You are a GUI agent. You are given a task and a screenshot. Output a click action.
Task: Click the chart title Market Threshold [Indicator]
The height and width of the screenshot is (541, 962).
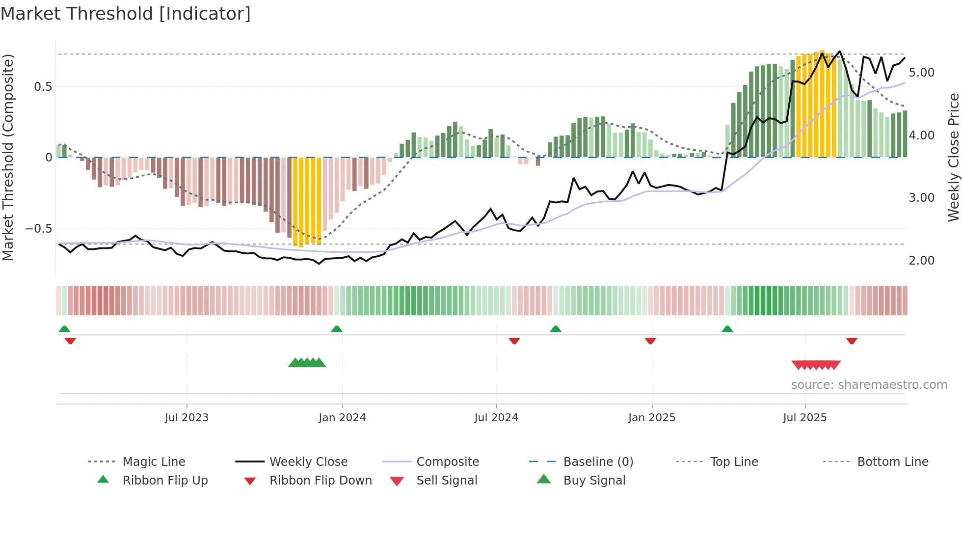click(x=126, y=14)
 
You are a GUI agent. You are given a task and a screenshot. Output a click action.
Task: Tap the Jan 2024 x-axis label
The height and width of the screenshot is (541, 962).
click(x=342, y=418)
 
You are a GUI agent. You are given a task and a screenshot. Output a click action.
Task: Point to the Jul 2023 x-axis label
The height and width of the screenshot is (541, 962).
click(x=187, y=418)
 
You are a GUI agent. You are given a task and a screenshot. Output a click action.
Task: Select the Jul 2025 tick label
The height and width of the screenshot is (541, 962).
click(x=804, y=418)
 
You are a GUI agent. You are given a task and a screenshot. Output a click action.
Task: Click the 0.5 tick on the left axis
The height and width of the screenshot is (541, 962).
click(x=43, y=87)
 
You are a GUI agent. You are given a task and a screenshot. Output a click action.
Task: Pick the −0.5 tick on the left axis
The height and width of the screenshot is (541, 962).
click(x=39, y=229)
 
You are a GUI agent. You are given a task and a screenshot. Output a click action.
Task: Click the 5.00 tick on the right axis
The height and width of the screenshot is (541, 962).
click(x=921, y=73)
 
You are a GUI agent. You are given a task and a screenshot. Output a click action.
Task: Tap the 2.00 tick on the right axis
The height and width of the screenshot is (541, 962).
click(x=921, y=261)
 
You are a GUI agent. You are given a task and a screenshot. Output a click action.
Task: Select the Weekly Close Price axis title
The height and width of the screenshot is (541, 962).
click(x=953, y=157)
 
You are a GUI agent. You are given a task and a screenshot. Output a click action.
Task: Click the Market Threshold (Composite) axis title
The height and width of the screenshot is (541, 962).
click(x=8, y=157)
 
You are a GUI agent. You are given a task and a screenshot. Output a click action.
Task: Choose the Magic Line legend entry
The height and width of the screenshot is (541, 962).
click(x=154, y=462)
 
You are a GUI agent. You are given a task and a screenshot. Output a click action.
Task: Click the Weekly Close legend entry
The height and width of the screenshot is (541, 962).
click(x=308, y=462)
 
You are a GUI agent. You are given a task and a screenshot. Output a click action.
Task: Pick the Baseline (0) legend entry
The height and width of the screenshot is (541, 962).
click(x=598, y=462)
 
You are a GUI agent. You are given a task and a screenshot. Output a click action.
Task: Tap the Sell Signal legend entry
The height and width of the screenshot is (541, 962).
click(x=446, y=481)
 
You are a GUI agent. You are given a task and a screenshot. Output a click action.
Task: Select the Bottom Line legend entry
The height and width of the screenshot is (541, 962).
click(x=892, y=462)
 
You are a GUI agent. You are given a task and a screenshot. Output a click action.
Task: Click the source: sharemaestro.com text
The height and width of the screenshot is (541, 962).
click(x=869, y=385)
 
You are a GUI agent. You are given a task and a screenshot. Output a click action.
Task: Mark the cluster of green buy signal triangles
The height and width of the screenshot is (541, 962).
click(x=307, y=363)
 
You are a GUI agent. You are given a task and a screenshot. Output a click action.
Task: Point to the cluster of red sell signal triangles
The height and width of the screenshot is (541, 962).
click(x=816, y=365)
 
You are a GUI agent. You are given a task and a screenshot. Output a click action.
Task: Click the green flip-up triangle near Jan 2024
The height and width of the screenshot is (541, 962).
click(x=337, y=329)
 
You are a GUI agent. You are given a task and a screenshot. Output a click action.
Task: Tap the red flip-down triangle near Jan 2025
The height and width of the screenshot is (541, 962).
click(x=650, y=341)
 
